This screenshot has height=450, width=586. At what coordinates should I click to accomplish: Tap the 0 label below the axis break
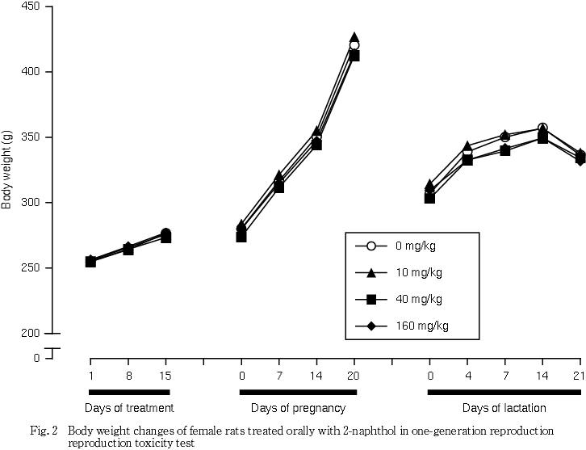click(37, 357)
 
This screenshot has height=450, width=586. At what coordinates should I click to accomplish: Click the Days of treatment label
click(129, 408)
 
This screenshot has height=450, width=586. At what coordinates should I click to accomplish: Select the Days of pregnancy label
click(298, 408)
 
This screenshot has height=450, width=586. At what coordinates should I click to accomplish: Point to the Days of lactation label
click(504, 408)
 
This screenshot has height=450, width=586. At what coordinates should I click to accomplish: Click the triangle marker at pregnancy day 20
click(354, 37)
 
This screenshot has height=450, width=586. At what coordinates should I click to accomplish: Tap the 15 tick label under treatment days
click(165, 376)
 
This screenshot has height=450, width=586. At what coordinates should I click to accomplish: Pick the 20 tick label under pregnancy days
click(354, 376)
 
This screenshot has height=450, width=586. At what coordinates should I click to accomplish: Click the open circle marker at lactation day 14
click(542, 128)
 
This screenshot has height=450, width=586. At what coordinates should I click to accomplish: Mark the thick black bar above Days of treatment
click(128, 393)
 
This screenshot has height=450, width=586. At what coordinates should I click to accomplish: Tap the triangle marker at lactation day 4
click(467, 147)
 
